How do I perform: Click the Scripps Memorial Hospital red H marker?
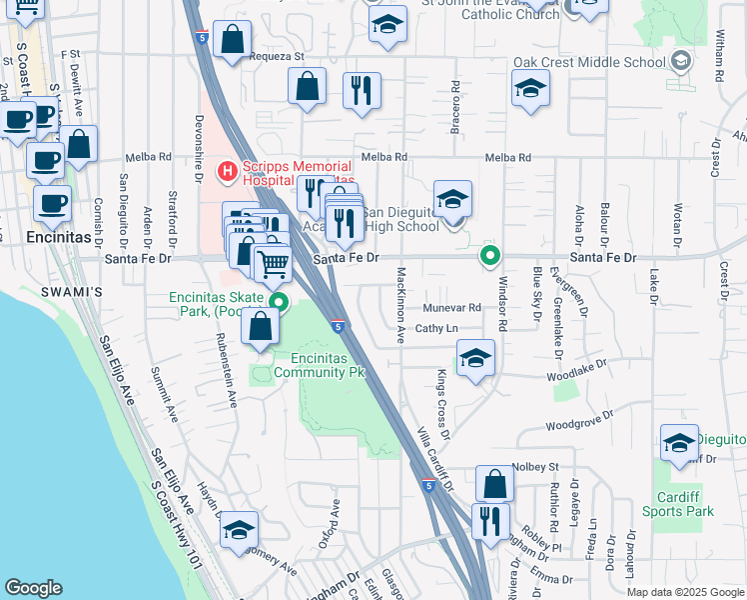coord(227,172)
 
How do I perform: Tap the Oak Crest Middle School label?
coord(589,62)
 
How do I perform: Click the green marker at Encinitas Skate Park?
coord(280,304)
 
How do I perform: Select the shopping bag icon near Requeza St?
coord(232,42)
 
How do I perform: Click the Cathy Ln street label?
coord(436,328)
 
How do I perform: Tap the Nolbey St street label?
coord(534,466)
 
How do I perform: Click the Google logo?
coord(33,588)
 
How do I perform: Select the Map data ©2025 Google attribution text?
coord(685,592)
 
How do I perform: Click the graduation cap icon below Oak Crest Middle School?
coord(530,89)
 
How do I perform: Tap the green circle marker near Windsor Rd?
coord(489,255)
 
